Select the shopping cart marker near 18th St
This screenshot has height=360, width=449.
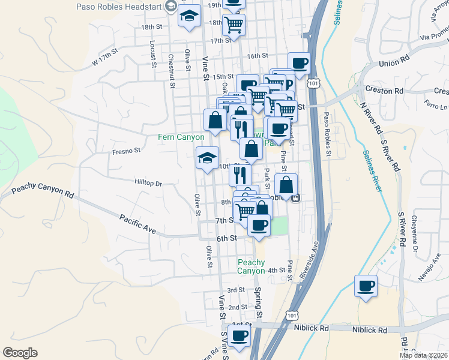pyautogui.click(x=234, y=25)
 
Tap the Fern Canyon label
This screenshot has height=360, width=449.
pyautogui.click(x=181, y=137)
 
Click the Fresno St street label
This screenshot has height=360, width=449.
pyautogui.click(x=126, y=151)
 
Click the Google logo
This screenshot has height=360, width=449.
pyautogui.click(x=20, y=353)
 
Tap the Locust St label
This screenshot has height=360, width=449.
pyautogui.click(x=154, y=53)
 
